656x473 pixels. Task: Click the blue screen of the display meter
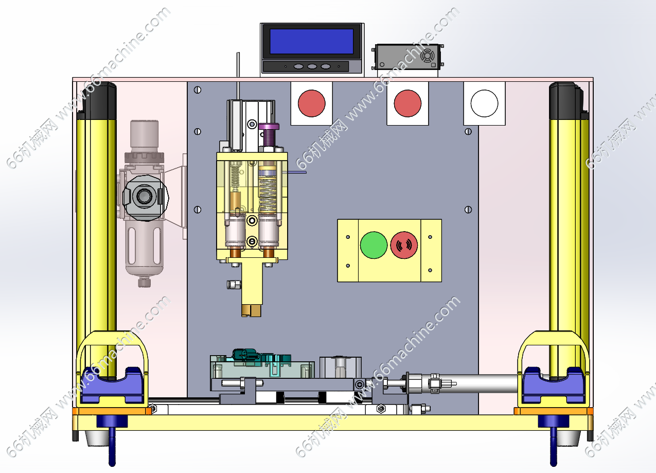pos(311,41)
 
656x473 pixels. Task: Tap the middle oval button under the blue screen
pos(312,66)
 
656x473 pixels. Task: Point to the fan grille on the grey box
pos(428,56)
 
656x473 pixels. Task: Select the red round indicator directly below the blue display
pos(312,103)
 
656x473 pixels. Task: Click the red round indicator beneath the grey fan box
pos(407,103)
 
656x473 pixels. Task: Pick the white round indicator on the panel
pos(484,103)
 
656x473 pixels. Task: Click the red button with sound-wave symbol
pos(404,245)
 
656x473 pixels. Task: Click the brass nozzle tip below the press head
pos(251,310)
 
